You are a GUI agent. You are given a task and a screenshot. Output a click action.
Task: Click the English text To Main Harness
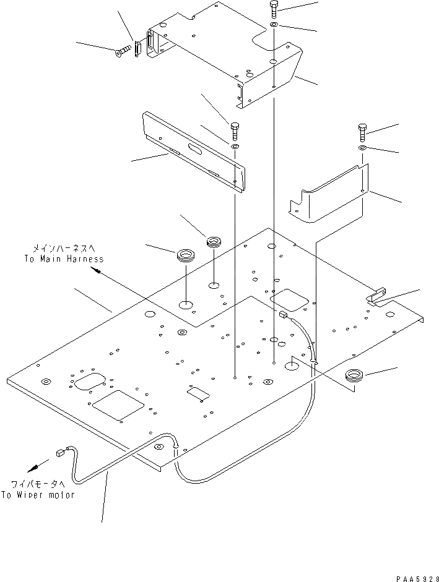pos(64,259)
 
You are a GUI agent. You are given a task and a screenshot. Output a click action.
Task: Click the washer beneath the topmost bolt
pos(274,25)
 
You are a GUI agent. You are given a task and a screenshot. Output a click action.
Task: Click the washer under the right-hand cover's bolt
pos(362,149)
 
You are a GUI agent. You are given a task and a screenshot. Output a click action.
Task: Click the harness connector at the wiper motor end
pos(61,452)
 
